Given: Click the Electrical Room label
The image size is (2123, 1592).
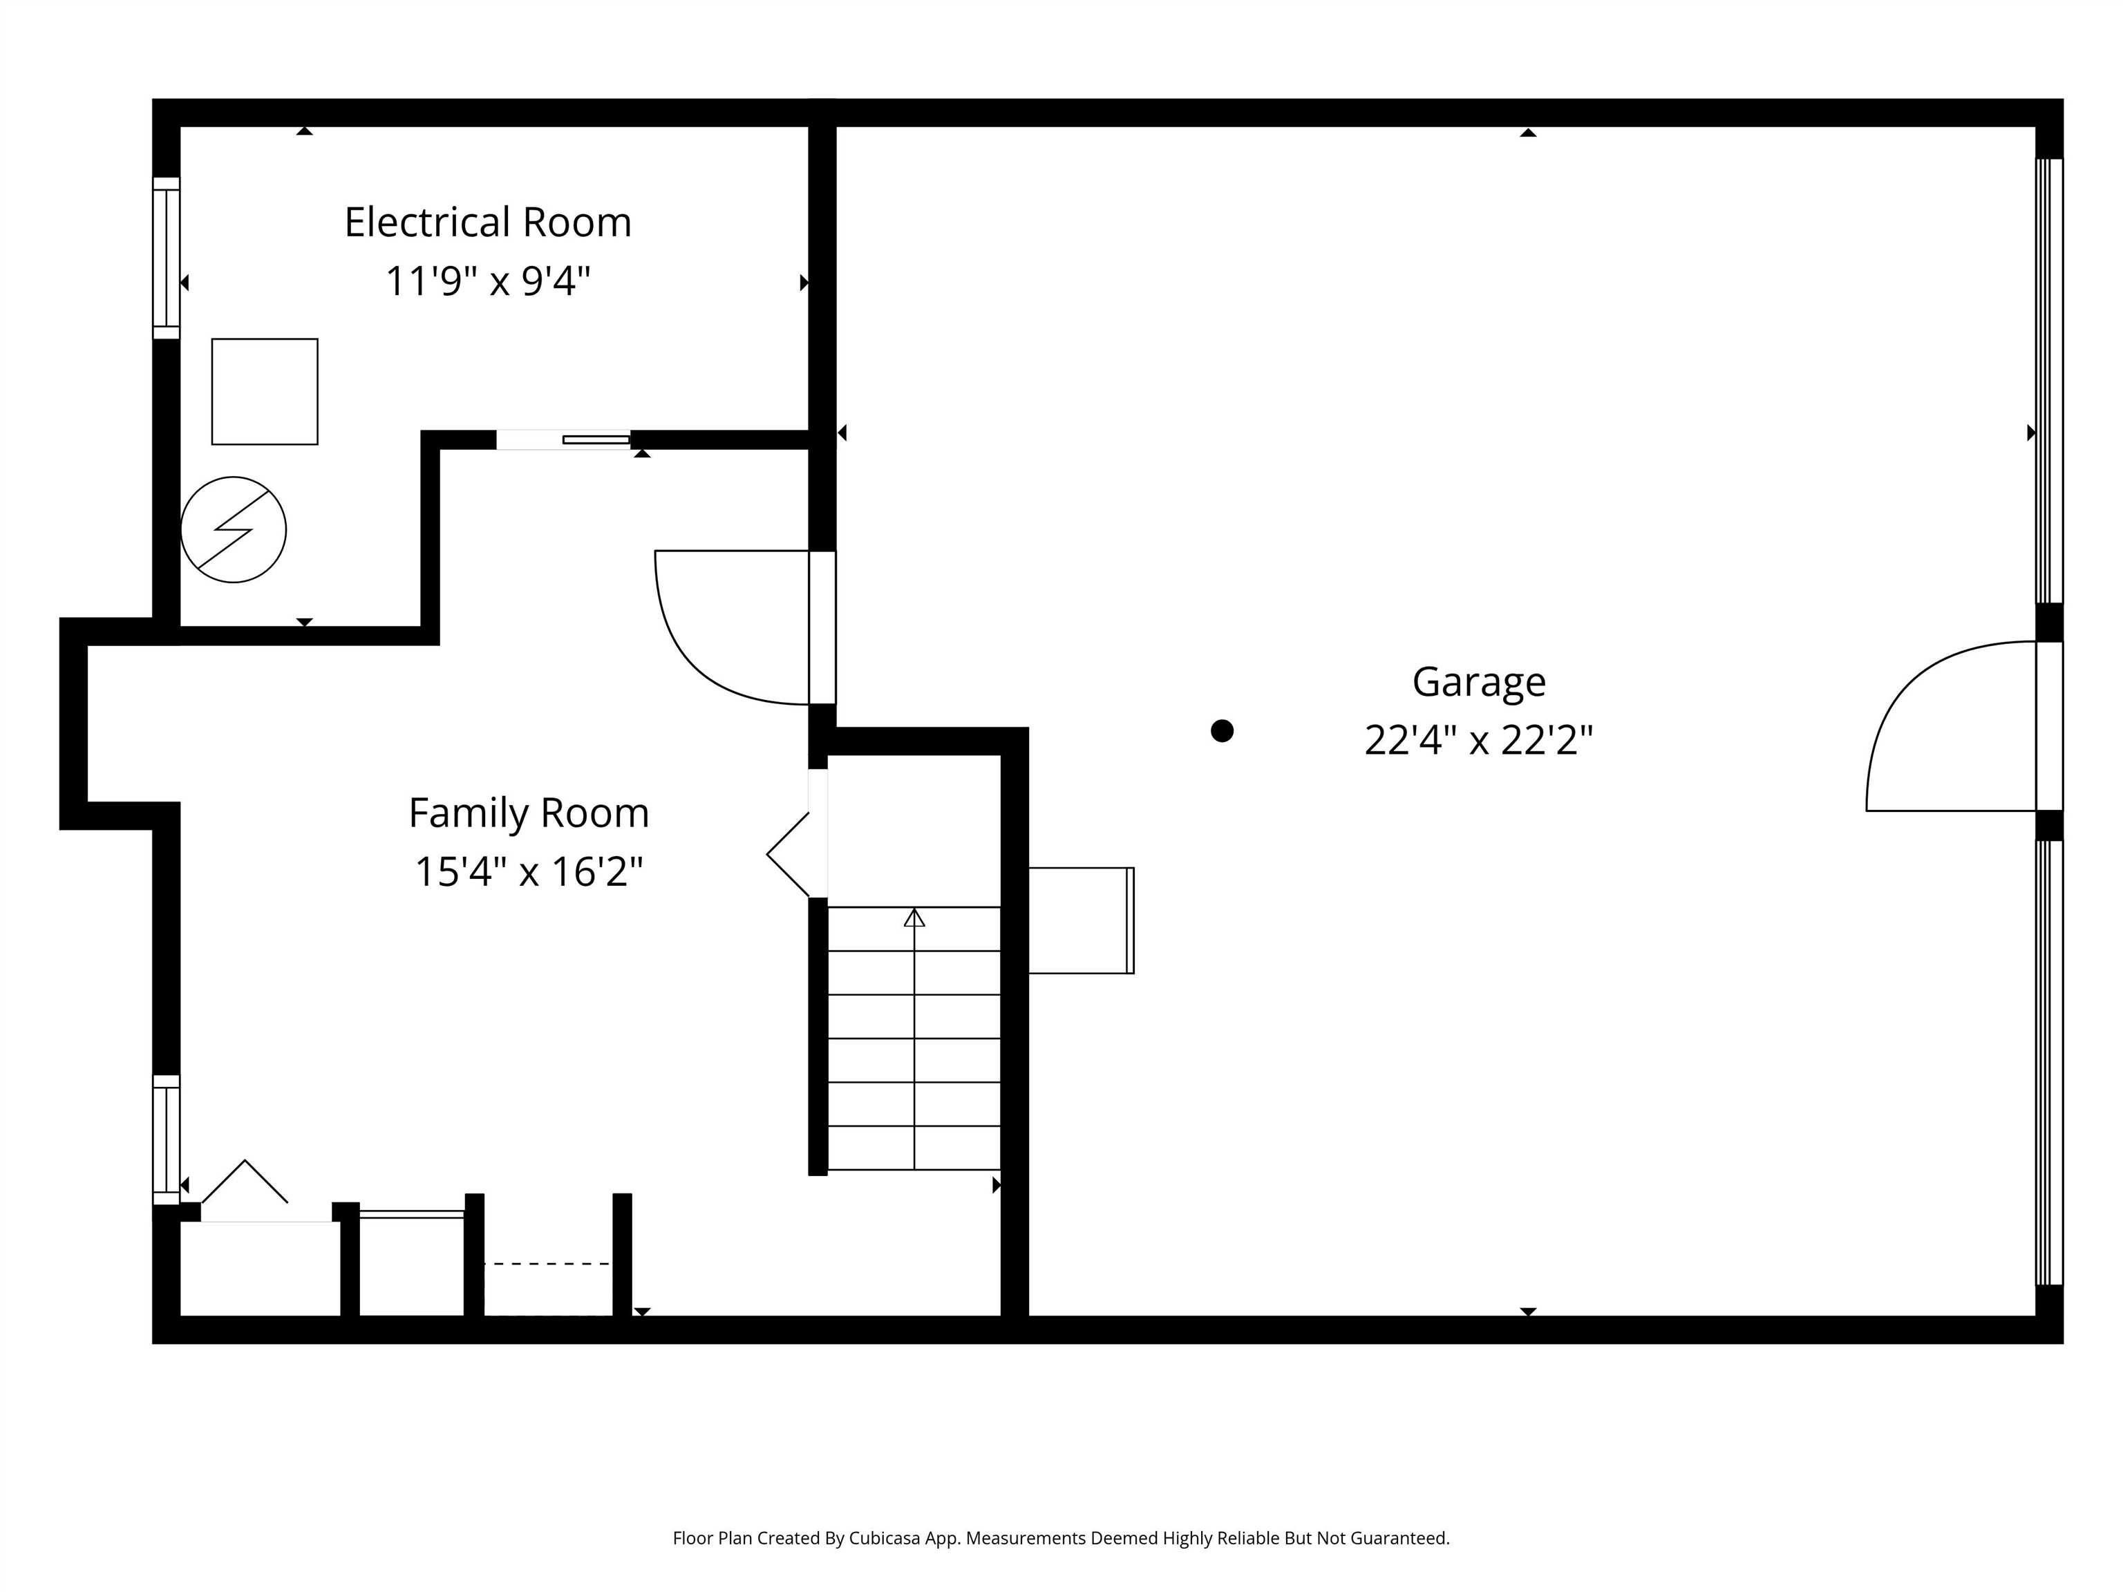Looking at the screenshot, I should pyautogui.click(x=488, y=222).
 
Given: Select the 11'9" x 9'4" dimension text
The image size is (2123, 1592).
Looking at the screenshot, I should pyautogui.click(x=488, y=282).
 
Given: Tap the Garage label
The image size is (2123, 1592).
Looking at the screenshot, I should pyautogui.click(x=1478, y=682).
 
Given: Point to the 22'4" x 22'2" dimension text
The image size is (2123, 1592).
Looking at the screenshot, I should pyautogui.click(x=1478, y=741).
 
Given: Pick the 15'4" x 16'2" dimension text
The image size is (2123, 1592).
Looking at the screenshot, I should pyautogui.click(x=529, y=872).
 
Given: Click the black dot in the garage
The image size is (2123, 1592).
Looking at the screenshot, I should pyautogui.click(x=1222, y=731).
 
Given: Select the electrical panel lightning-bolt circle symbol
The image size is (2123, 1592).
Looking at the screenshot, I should pyautogui.click(x=233, y=530).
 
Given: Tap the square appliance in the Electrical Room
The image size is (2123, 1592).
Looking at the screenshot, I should pyautogui.click(x=265, y=392).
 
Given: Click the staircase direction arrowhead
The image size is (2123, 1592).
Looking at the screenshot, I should pyautogui.click(x=914, y=918).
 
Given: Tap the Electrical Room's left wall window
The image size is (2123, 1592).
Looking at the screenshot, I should pyautogui.click(x=166, y=258).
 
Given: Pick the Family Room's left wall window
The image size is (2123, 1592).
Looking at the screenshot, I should pyautogui.click(x=166, y=1140).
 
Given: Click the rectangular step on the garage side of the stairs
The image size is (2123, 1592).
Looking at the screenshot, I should pyautogui.click(x=1081, y=920).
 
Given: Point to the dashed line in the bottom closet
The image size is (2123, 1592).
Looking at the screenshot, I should pyautogui.click(x=547, y=1264).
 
